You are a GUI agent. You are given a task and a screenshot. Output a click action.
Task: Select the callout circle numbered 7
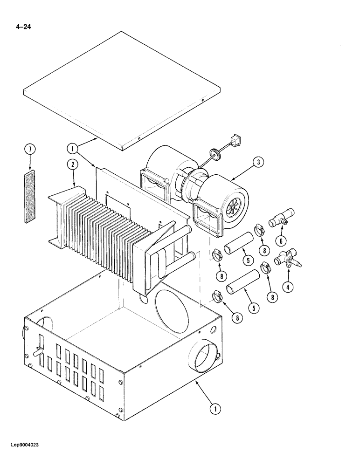29,150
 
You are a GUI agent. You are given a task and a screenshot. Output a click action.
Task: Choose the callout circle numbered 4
289,287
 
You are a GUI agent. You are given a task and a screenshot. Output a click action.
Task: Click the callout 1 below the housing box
214,409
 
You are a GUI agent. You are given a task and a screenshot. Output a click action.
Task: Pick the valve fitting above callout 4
287,258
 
